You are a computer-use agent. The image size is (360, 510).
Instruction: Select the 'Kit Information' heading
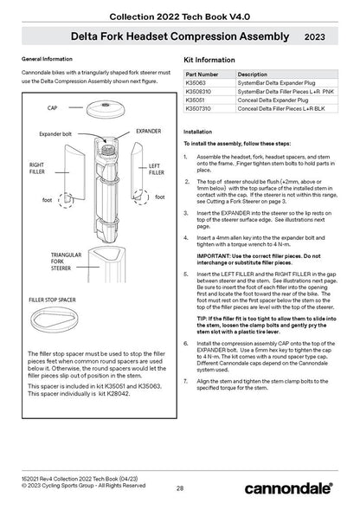point(210,61)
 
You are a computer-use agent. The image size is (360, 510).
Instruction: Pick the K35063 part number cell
point(196,84)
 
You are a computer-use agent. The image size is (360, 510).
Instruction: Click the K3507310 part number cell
point(199,107)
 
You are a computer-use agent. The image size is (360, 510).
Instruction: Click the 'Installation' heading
point(201,132)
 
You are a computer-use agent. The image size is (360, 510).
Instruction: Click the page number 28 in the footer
point(180,490)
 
